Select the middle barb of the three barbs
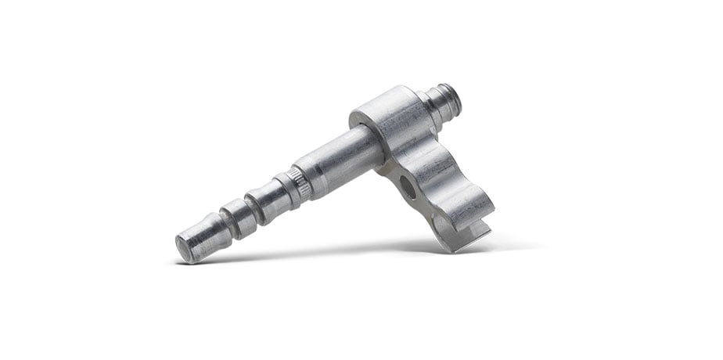tap(237, 218)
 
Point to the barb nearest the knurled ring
tap(271, 200)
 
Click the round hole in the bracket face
tap(407, 186)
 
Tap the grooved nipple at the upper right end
tap(444, 102)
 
